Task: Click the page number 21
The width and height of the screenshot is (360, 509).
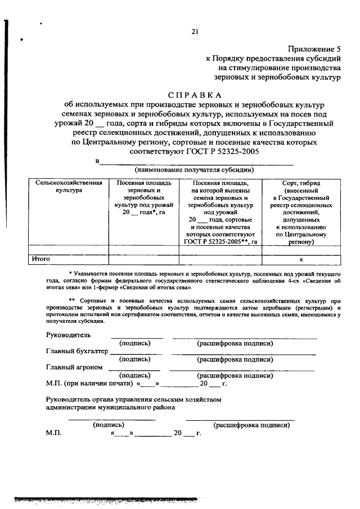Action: [194, 32]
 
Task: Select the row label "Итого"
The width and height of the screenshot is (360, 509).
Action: [42, 259]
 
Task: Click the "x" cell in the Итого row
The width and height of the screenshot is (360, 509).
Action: [301, 260]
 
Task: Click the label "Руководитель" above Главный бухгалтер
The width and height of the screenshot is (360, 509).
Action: [67, 335]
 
